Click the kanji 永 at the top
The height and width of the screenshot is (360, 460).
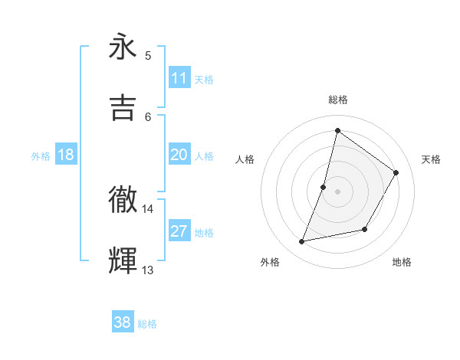123,48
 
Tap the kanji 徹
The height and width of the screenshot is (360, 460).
123,199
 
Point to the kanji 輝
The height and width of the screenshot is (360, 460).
123,260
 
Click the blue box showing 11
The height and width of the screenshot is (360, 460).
179,78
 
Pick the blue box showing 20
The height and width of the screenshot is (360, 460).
179,155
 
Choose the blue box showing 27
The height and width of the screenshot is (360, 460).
179,231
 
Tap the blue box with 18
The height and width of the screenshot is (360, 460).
66,155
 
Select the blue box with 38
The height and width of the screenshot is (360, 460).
123,322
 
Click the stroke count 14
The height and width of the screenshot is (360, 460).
148,208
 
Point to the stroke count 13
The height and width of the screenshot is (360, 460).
148,270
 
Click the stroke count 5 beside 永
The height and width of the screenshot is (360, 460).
148,55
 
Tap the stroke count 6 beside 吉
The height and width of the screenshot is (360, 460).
148,116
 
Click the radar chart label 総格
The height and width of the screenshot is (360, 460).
338,100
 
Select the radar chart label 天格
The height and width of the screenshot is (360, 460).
431,159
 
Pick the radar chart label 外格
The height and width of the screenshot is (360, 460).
270,262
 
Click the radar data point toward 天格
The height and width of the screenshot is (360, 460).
396,172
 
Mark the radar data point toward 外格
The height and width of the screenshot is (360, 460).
302,242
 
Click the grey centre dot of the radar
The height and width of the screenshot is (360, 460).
337,191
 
